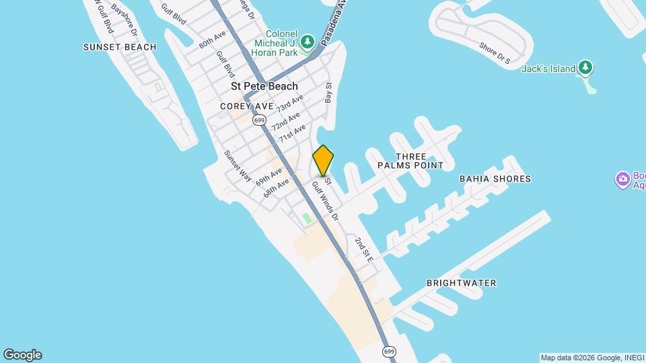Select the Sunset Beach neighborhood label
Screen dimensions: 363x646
point(120,47)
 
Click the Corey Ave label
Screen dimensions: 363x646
point(247,106)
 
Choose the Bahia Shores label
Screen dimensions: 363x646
point(495,179)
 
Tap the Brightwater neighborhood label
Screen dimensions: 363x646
point(462,283)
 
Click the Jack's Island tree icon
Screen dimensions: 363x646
point(586,68)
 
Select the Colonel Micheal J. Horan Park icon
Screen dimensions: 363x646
point(308,42)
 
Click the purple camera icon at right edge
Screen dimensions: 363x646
point(622,179)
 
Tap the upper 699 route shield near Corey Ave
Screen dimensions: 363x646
point(259,120)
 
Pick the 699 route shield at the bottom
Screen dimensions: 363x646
point(389,351)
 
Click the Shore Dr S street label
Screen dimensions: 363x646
point(495,54)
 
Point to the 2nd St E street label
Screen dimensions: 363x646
point(364,249)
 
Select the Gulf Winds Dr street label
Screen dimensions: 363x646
point(324,200)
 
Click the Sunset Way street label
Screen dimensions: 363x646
point(238,165)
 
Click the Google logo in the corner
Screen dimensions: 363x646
point(22,355)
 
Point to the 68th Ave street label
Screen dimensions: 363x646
point(277,187)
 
